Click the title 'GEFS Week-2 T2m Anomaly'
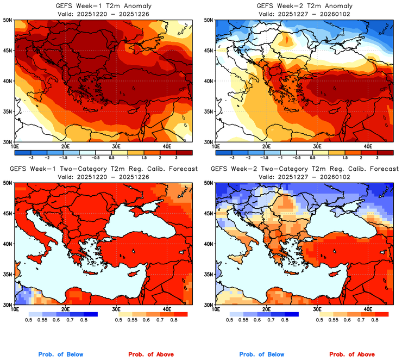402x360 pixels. pos(303,6)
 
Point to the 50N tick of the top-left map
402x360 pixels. pos(8,20)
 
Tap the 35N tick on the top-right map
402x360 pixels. pos(208,111)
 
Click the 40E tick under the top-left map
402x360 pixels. pos(166,147)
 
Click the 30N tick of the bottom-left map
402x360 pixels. pos(8,305)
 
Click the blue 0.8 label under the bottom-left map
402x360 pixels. pos(84,321)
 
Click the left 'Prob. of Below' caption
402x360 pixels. pos(61,355)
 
